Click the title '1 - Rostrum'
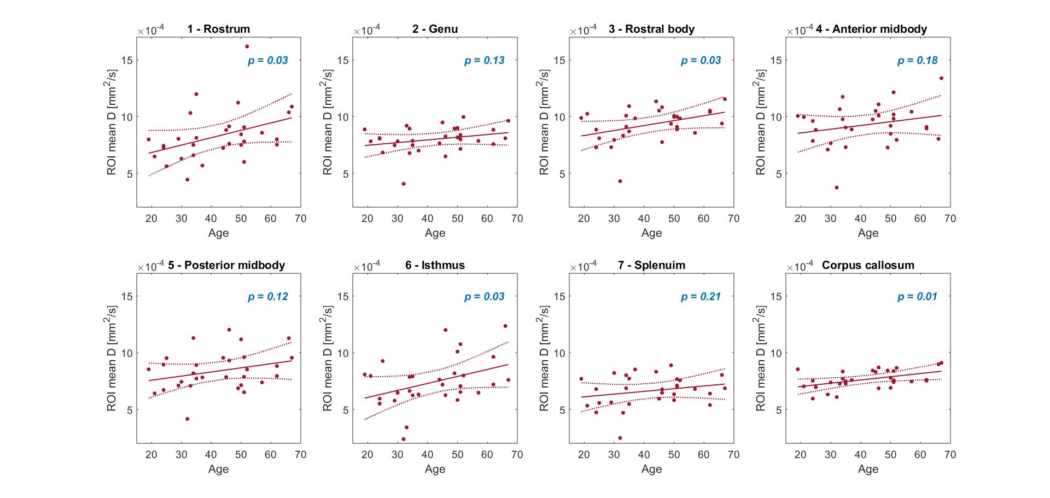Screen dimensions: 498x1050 [x=218, y=29]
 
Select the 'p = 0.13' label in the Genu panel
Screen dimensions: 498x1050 [x=484, y=61]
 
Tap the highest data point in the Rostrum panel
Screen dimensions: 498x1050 [x=247, y=46]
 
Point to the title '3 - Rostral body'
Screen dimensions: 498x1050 [x=651, y=29]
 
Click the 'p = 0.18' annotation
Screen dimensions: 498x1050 [x=917, y=61]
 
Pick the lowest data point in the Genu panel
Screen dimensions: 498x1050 [x=404, y=184]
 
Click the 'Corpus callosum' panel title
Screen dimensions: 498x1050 [x=868, y=265]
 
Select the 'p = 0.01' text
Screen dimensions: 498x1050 [x=917, y=297]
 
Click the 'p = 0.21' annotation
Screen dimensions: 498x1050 [x=701, y=297]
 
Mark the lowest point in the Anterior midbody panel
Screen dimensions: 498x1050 [x=836, y=188]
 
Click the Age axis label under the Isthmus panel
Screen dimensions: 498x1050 [x=435, y=469]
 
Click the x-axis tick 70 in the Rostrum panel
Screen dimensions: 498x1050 [x=300, y=219]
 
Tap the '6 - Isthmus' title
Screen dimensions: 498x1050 [x=435, y=265]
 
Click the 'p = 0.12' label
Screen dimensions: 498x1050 [x=267, y=297]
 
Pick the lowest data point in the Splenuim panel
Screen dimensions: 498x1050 [x=620, y=438]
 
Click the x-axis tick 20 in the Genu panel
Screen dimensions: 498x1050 [x=367, y=219]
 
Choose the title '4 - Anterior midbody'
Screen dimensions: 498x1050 [x=871, y=29]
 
